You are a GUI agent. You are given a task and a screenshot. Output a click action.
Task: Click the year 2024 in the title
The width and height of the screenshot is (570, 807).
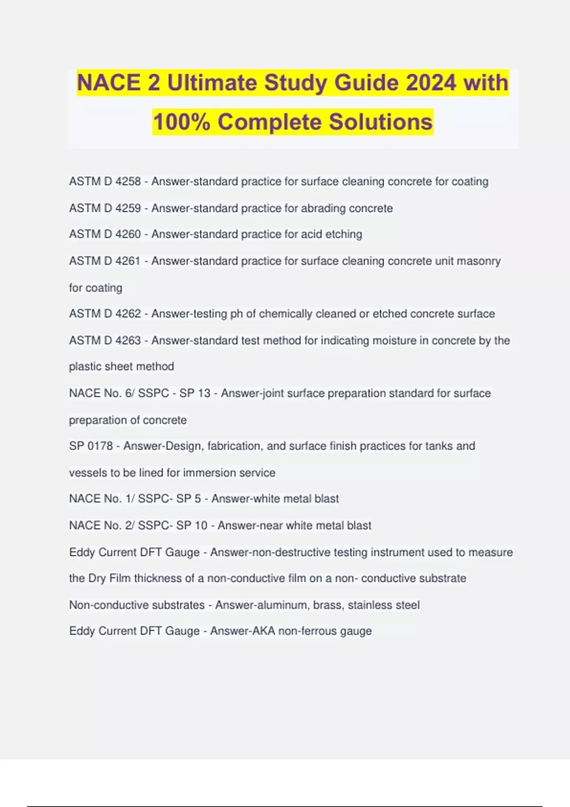431,83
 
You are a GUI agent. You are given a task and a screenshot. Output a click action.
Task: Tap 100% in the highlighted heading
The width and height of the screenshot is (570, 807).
181,122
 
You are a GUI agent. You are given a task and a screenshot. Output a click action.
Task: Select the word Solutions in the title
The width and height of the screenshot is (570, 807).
380,122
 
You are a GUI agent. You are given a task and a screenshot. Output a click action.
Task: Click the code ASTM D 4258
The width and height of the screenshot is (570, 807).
105,181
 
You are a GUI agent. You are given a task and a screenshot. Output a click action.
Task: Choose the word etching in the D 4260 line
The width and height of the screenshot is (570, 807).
343,234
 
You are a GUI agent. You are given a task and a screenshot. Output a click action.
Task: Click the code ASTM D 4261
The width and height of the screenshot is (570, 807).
105,261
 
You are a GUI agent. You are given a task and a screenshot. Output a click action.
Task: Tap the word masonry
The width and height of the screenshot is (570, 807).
478,261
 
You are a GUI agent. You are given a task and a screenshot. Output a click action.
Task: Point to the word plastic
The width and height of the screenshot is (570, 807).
84,366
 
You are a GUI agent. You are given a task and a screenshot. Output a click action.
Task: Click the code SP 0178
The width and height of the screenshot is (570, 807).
91,446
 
